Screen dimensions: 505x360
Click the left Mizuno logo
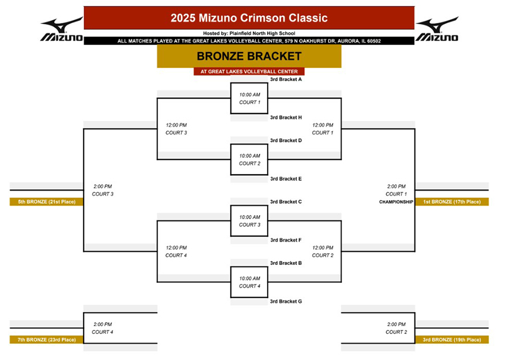[62, 29]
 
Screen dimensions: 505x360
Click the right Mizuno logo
[437, 29]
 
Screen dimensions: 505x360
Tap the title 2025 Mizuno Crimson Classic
[249, 18]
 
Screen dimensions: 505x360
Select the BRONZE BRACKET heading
[249, 56]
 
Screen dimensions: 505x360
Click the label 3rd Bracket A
[286, 79]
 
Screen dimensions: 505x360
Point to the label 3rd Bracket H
[286, 117]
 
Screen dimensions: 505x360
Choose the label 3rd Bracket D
[286, 140]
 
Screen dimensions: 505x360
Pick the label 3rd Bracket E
[286, 179]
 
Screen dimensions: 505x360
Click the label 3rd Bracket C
[286, 202]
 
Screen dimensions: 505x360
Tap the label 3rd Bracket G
[286, 302]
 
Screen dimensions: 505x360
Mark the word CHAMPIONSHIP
[396, 202]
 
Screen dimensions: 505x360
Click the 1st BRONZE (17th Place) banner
[452, 202]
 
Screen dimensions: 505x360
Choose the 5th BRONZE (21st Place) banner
[46, 202]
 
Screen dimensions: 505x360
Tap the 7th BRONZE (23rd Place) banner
[46, 340]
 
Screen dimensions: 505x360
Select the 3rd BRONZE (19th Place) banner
[452, 340]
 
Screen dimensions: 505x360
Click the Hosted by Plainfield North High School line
[249, 33]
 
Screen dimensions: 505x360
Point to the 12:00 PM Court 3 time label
[176, 129]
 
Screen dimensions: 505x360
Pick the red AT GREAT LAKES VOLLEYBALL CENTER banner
[249, 71]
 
